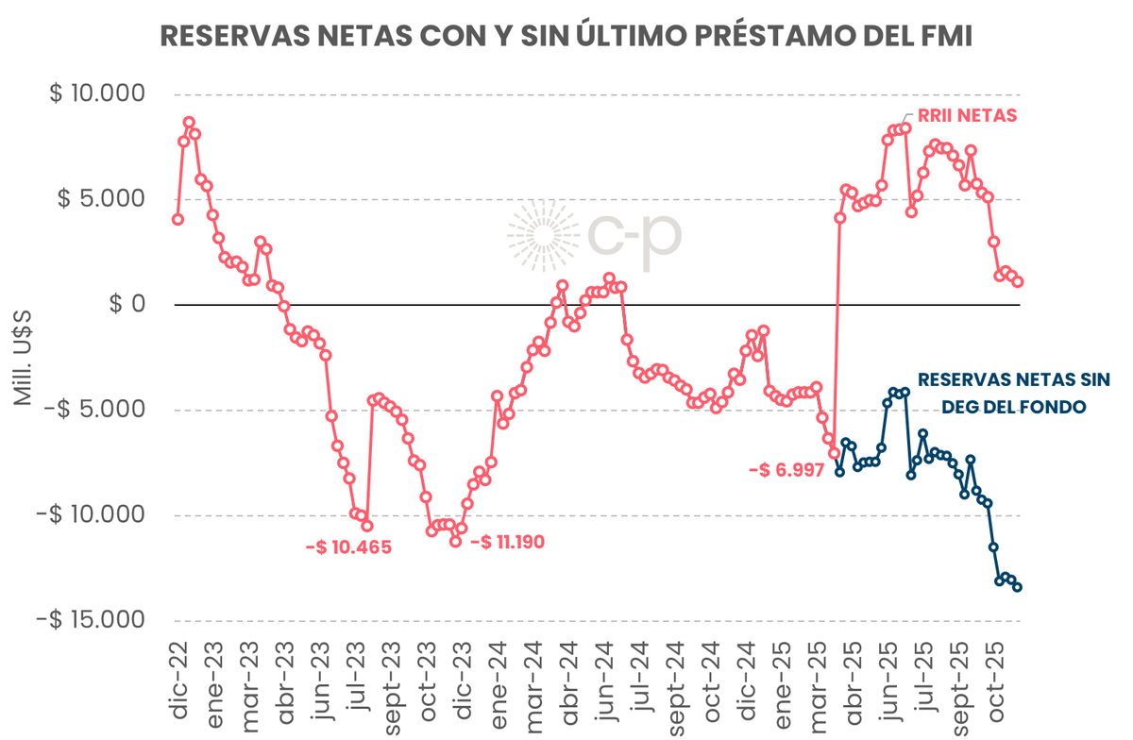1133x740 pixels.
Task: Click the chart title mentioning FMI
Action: (x=566, y=35)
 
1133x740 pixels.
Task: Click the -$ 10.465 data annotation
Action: (x=347, y=547)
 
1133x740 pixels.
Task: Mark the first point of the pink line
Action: (x=178, y=219)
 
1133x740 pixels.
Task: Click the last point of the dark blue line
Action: (x=1018, y=587)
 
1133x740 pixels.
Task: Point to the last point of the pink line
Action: (x=1018, y=281)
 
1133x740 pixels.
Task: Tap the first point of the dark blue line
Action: (x=839, y=471)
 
